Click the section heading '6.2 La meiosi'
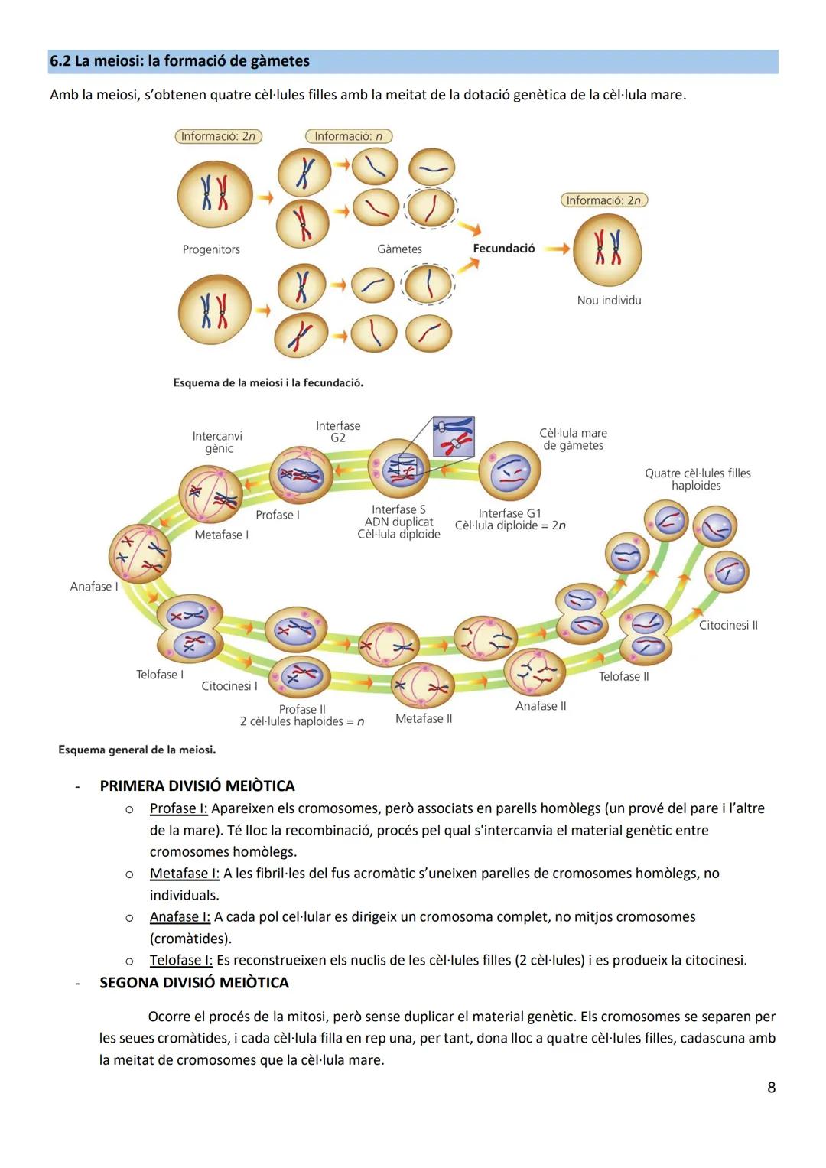click(x=180, y=61)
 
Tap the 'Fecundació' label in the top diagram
click(x=503, y=249)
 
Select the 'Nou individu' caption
click(x=609, y=301)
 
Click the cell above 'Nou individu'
click(x=608, y=250)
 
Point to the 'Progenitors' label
click(x=211, y=249)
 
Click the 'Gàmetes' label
click(x=399, y=249)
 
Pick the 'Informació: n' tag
click(x=348, y=136)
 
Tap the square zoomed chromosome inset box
click(x=454, y=437)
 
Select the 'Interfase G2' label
click(x=338, y=431)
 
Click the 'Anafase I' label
click(x=94, y=587)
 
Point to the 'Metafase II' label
click(x=424, y=719)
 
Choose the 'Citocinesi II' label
click(x=728, y=626)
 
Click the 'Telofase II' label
click(x=623, y=677)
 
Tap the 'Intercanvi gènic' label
click(x=218, y=442)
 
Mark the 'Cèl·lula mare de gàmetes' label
click(x=573, y=439)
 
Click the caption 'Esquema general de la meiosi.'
click(x=137, y=750)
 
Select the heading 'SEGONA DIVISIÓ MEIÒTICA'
click(x=194, y=983)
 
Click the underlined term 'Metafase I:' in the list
click(x=184, y=874)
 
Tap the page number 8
click(x=771, y=1088)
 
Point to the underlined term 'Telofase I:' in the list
click(x=181, y=961)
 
